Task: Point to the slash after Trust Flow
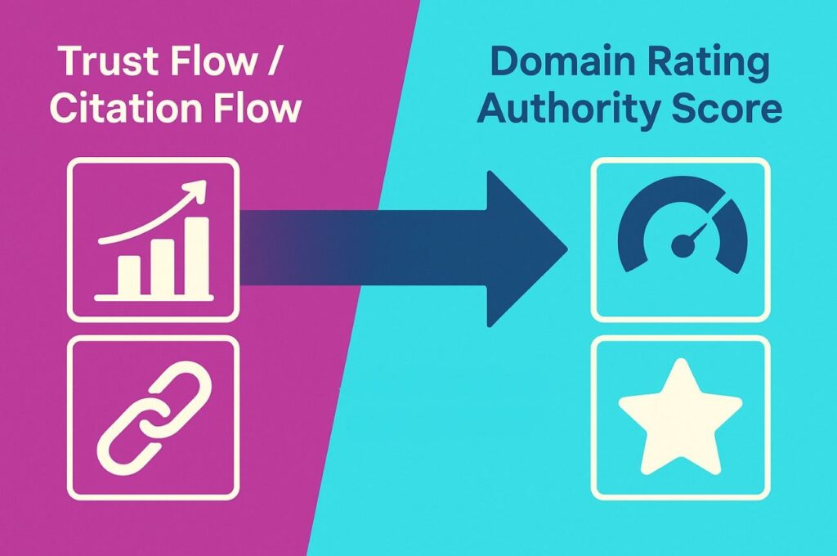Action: [273, 64]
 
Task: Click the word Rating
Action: [701, 64]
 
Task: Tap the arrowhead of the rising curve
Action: [196, 193]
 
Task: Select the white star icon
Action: [679, 418]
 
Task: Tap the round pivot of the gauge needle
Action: [680, 244]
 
